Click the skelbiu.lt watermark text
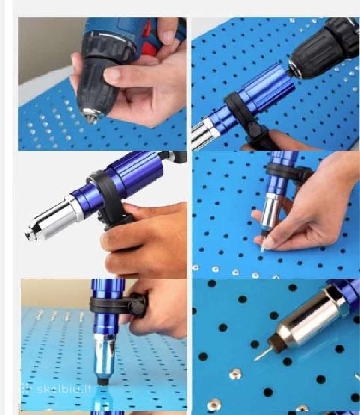[x=64, y=389]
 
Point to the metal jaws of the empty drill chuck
[x=91, y=117]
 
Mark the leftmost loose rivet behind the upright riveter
[x=40, y=315]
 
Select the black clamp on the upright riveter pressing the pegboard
[x=118, y=304]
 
